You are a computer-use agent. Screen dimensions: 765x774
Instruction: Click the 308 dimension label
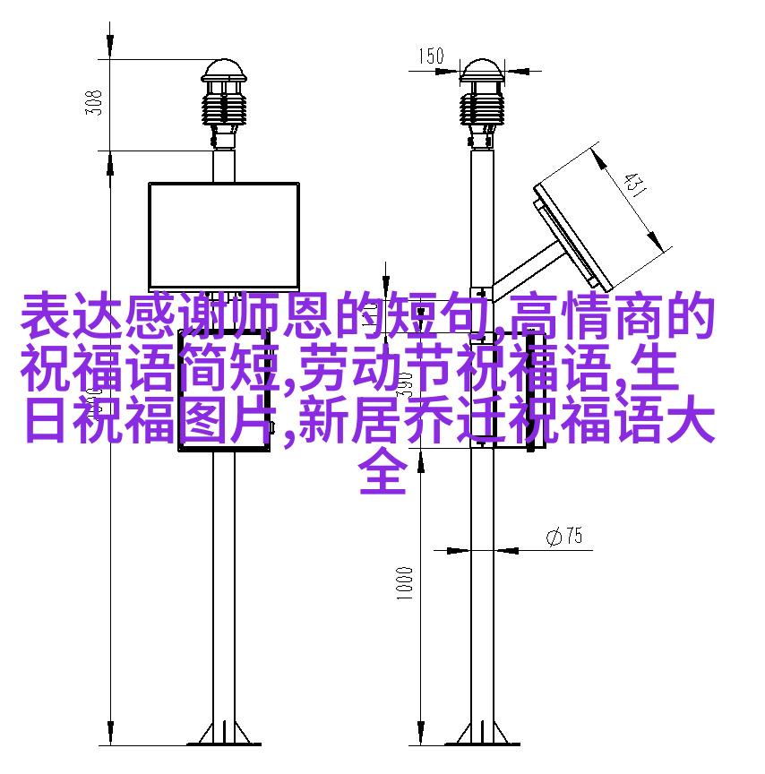(x=94, y=103)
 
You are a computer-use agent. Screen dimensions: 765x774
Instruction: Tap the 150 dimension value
(x=431, y=56)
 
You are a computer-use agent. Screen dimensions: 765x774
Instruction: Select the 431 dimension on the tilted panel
(x=634, y=184)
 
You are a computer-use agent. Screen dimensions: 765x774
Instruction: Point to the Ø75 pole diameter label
(x=564, y=536)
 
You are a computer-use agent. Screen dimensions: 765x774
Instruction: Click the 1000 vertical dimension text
(x=404, y=583)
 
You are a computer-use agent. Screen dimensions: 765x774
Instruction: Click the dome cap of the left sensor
(x=224, y=71)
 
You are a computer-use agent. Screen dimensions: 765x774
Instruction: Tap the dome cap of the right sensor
(x=482, y=71)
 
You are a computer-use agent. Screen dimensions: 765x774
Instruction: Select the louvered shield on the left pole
(x=224, y=108)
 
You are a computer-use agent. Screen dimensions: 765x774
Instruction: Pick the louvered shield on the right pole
(x=482, y=108)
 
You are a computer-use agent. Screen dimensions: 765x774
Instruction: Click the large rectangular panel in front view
(x=224, y=236)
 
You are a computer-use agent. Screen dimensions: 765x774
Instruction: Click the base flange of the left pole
(x=224, y=735)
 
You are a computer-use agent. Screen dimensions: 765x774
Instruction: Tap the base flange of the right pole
(x=482, y=735)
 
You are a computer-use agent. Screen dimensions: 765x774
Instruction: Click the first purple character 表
(x=46, y=315)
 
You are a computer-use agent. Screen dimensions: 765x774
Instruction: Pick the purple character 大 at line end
(x=690, y=419)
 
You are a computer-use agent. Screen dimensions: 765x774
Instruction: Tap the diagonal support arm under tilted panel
(x=526, y=271)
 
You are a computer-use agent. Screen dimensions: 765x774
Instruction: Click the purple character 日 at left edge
(x=46, y=419)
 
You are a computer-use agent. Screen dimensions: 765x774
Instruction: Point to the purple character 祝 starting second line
(x=46, y=367)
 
